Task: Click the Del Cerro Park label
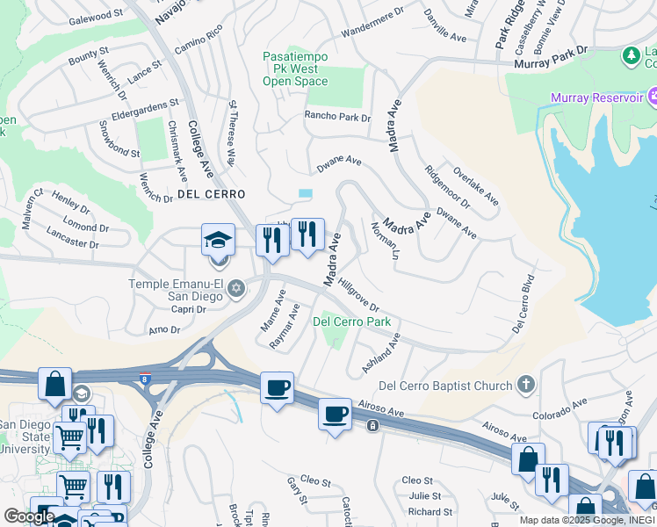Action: point(352,321)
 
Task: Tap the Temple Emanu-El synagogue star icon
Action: point(235,288)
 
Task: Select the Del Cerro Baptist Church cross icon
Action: point(525,385)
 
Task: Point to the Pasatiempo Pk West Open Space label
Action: point(295,69)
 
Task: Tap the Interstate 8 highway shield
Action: point(146,379)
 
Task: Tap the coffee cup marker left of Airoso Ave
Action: point(277,387)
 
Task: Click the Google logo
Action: point(29,516)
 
